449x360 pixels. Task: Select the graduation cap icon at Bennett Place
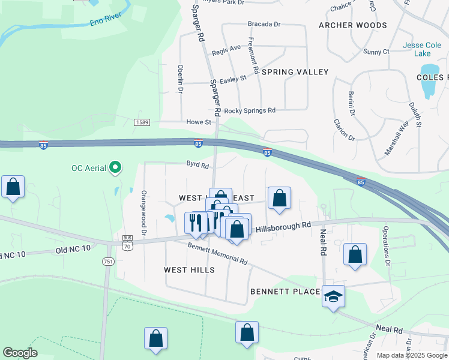click(334, 296)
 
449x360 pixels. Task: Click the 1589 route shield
click(142, 122)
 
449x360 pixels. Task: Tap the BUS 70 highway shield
click(127, 242)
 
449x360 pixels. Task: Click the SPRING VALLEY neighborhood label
click(295, 72)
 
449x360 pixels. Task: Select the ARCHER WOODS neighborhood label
click(353, 25)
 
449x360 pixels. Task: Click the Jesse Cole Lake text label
click(421, 49)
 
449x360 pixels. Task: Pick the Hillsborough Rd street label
click(283, 227)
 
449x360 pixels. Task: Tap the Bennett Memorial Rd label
click(217, 253)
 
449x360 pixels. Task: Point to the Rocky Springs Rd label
click(249, 110)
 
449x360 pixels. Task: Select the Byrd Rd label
click(197, 164)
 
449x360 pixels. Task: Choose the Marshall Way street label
click(396, 139)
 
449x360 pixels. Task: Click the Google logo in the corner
click(20, 353)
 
